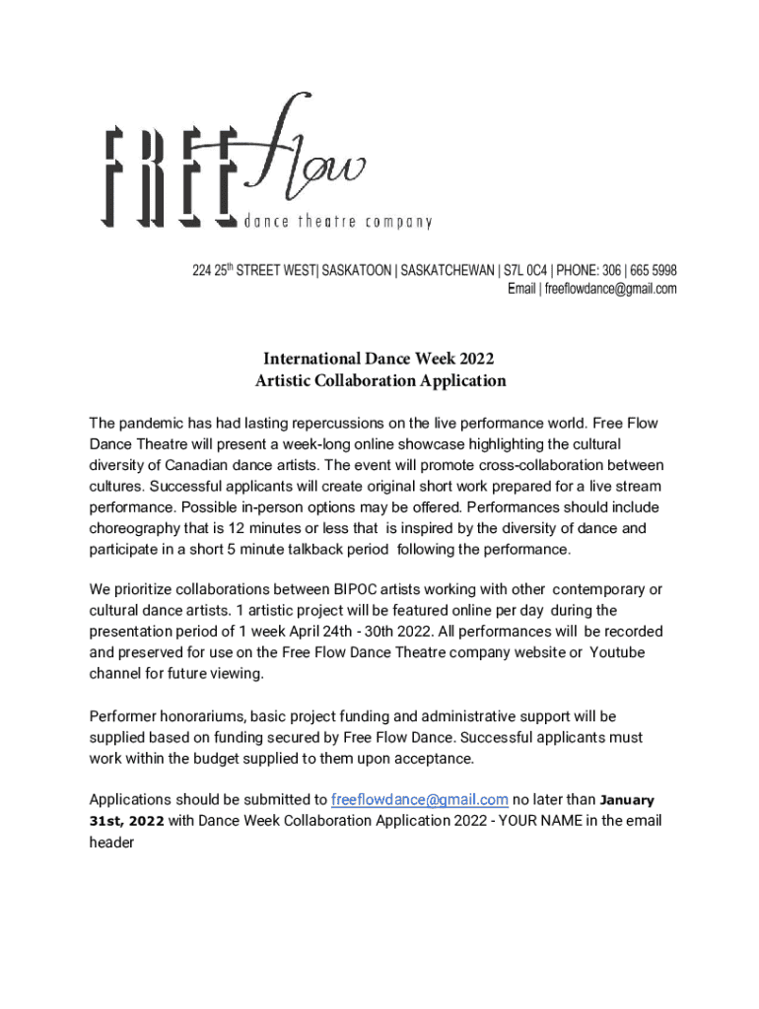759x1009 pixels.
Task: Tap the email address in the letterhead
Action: pyautogui.click(x=610, y=289)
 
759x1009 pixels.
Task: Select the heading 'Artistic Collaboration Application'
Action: pyautogui.click(x=380, y=380)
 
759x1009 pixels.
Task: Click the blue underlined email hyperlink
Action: pyautogui.click(x=420, y=799)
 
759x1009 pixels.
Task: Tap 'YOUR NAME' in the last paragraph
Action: pyautogui.click(x=533, y=821)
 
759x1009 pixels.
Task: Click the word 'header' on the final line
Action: pyautogui.click(x=111, y=842)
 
